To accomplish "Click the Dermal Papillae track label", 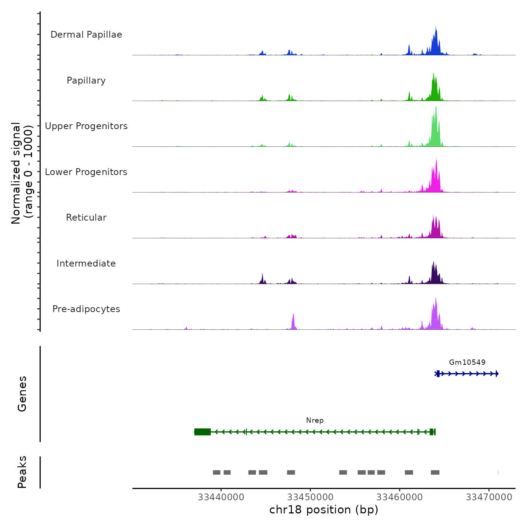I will tap(86, 35).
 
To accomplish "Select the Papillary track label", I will tap(86, 81).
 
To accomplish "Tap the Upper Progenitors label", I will tap(86, 126).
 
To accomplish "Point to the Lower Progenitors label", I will tap(86, 172).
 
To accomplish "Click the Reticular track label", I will tap(86, 218).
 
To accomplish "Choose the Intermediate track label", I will tap(86, 263).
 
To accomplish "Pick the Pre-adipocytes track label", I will tap(86, 309).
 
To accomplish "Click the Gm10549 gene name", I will tap(467, 362).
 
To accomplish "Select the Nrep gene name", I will tap(315, 420).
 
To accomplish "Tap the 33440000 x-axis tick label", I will tap(221, 497).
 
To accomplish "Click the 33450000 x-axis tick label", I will tap(311, 497).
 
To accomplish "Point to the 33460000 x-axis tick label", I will tap(400, 497).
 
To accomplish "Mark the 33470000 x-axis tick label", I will tap(489, 497).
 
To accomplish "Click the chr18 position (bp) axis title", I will tap(324, 510).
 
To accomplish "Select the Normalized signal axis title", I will tap(22, 173).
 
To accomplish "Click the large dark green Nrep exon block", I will tap(203, 432).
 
